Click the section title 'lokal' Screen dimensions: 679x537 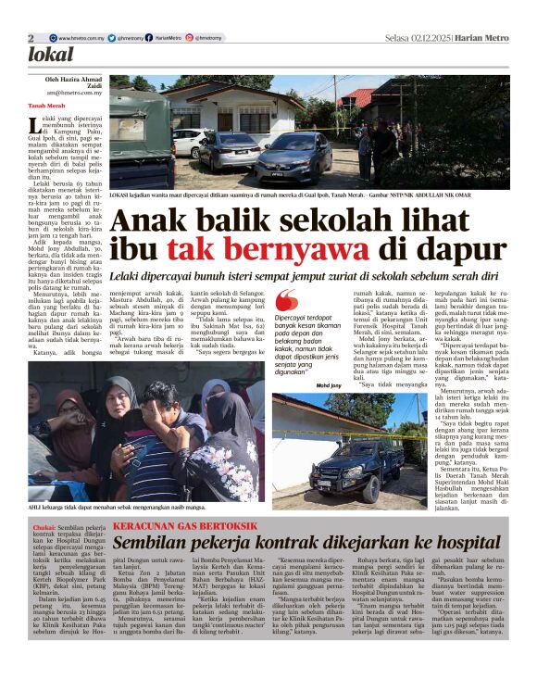[x=50, y=56]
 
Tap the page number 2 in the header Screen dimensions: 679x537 [x=31, y=38]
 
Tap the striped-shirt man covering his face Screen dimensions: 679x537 [x=154, y=435]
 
